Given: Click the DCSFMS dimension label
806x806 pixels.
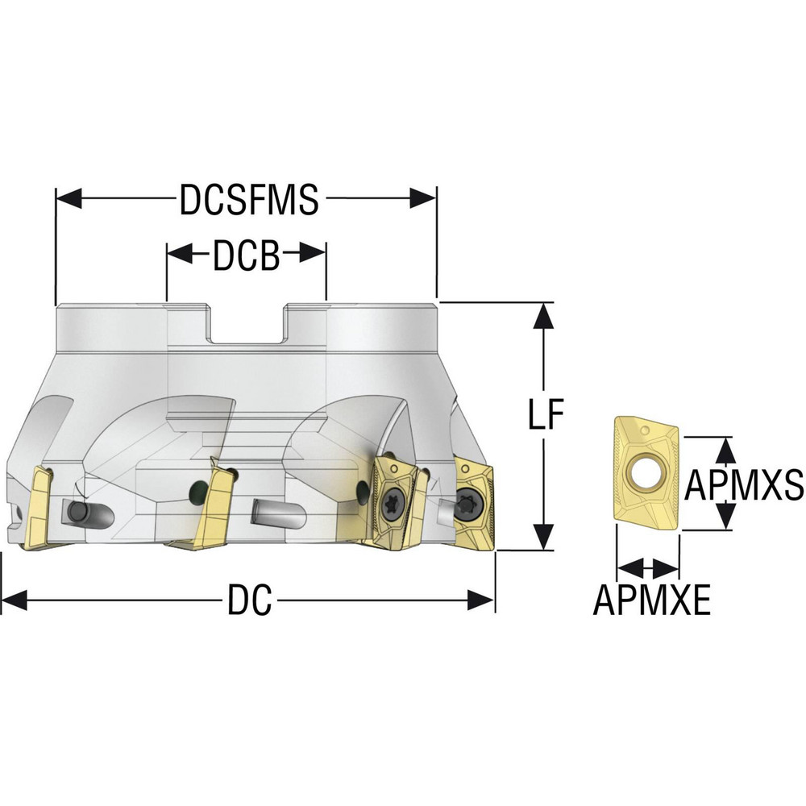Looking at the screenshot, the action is point(249,199).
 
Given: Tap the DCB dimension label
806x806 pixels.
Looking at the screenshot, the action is point(246,256).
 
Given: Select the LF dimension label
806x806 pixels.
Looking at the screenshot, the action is point(546,413).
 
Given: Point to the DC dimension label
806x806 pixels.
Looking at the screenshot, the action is point(249,600).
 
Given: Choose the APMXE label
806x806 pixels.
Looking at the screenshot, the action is point(652,600).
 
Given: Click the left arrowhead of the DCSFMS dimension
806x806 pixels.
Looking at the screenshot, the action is point(69,198).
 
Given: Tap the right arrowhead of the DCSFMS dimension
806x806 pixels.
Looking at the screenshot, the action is point(423,198).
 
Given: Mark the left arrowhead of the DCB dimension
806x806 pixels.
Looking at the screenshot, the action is point(180,253).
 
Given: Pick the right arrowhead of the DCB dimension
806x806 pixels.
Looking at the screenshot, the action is point(313,253).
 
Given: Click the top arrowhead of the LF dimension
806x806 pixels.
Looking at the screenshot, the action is point(543,316).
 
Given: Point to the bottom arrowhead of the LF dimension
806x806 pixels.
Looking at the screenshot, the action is point(543,537).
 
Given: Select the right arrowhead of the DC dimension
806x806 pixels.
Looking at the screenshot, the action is point(481,600).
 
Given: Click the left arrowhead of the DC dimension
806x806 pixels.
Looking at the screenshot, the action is point(15,600).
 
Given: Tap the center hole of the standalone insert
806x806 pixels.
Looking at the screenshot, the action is point(645,471).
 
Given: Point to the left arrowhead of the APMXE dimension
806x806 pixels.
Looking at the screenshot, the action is point(629,568).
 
